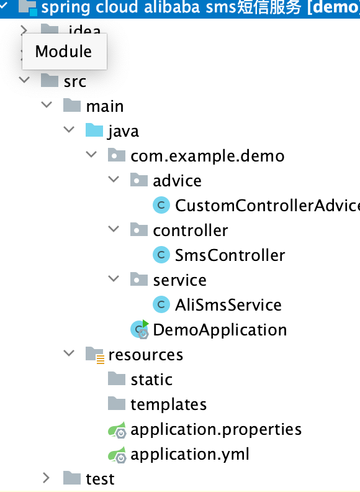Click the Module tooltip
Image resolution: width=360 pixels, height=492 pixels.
point(63,52)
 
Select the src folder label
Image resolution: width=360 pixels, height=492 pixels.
point(75,81)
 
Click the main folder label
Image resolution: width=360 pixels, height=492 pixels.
point(105,106)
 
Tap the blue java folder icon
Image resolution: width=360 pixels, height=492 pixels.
point(94,131)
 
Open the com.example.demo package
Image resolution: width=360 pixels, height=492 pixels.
point(207,156)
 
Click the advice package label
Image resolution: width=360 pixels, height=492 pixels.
point(177,181)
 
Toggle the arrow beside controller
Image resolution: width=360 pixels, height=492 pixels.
point(114,230)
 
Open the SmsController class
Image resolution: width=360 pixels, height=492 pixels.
point(230,255)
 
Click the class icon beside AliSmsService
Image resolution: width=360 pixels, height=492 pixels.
point(161,304)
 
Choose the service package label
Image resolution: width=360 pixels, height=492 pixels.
point(179,280)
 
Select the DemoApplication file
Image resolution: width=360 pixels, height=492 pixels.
point(220,330)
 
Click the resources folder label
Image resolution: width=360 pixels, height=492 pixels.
point(145,355)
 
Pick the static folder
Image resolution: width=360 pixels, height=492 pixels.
point(151,380)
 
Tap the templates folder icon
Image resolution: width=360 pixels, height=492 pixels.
point(117,404)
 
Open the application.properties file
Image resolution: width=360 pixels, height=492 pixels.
point(216,429)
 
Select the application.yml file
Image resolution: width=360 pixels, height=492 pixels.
point(190,454)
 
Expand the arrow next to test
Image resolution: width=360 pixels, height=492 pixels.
point(46,478)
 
